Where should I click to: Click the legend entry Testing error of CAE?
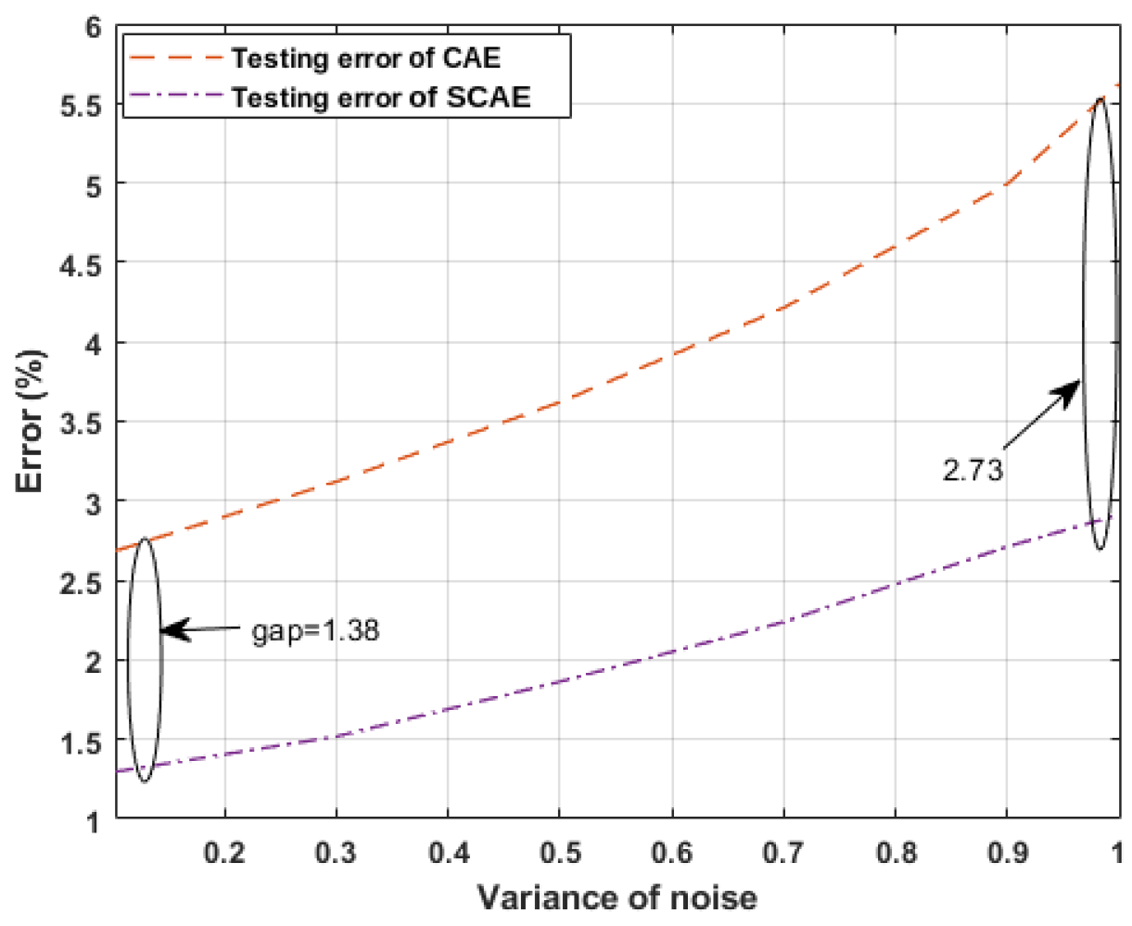pos(365,58)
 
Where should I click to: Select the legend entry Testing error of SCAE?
pos(381,96)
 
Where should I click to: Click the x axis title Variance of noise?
pos(617,897)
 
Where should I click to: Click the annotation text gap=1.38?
pos(316,632)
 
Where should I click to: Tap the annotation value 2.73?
pos(973,470)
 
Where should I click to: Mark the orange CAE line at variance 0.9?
pos(1006,184)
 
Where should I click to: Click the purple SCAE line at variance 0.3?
pos(337,737)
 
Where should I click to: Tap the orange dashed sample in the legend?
pos(176,58)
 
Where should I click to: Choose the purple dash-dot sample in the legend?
pos(176,96)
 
